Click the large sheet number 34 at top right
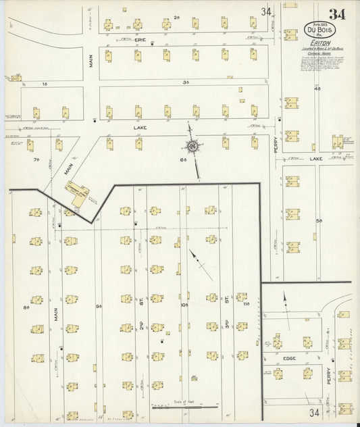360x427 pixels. click(338, 14)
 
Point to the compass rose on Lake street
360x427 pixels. click(193, 147)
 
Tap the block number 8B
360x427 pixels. click(27, 308)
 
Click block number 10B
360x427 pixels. click(184, 305)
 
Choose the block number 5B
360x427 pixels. click(319, 220)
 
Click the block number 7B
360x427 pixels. click(37, 159)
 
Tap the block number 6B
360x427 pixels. click(182, 159)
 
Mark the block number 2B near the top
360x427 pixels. click(178, 16)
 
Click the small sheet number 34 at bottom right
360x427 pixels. click(315, 412)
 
